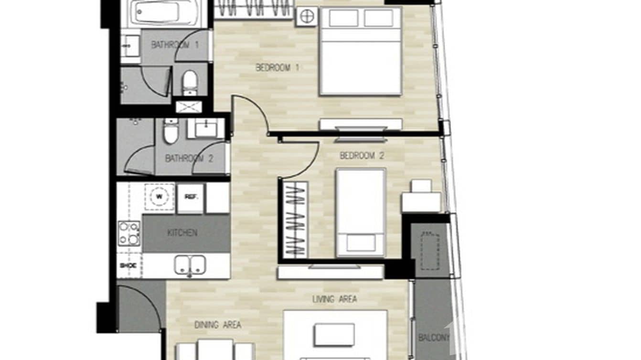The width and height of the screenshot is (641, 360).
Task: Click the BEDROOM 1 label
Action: tap(277, 68)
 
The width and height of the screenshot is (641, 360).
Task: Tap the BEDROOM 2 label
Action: tap(362, 156)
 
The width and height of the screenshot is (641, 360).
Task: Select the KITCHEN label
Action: tap(182, 233)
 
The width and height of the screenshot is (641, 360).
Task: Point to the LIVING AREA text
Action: tap(334, 299)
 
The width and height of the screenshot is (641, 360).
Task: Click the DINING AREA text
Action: tap(217, 325)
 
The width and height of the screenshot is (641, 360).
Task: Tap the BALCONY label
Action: tap(434, 338)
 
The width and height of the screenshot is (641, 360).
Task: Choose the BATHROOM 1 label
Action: tap(175, 45)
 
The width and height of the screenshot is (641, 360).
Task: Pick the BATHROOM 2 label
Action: tap(189, 159)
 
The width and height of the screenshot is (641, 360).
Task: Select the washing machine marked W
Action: tap(159, 196)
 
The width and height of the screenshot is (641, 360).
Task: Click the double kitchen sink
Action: tap(190, 265)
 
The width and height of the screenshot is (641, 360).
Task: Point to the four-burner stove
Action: tap(129, 233)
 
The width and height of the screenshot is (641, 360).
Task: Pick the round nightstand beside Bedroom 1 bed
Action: tap(306, 17)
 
